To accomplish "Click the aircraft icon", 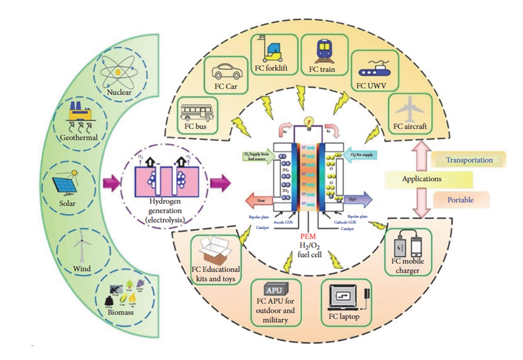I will point(410,109).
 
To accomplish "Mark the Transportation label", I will point(469,160).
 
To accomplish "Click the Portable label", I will point(460,199).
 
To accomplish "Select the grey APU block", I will point(277,290).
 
